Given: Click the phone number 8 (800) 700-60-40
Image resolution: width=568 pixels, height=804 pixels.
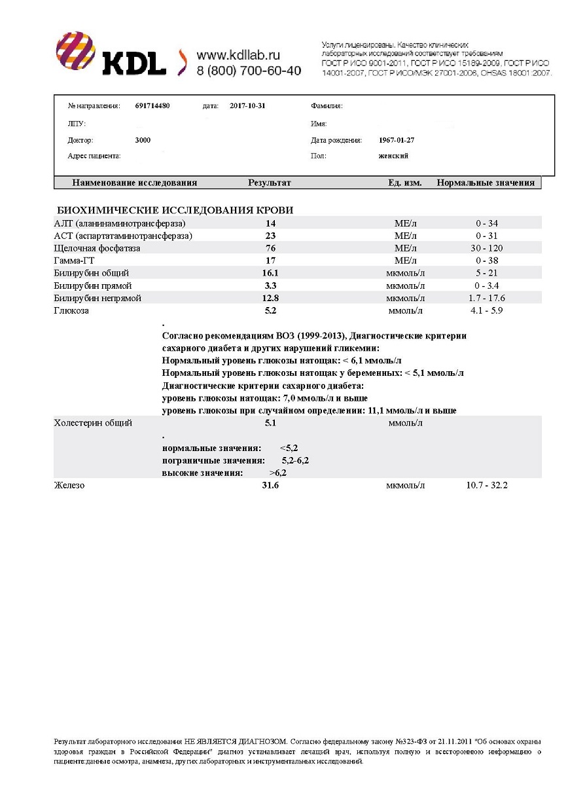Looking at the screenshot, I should tap(249, 71).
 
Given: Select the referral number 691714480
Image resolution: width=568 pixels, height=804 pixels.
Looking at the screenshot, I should tap(152, 105).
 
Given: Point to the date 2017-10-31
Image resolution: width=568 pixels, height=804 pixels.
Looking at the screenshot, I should tap(247, 105).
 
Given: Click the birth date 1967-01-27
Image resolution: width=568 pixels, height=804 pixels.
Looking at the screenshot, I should tap(397, 140).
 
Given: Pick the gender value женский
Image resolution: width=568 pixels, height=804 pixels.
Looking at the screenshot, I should tap(393, 156).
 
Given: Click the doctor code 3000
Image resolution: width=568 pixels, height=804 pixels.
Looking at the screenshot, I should tap(143, 140).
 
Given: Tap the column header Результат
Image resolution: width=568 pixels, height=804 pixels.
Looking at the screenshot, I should tap(270, 183).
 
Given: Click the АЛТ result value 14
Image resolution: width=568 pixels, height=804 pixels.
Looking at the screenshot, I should tap(270, 224).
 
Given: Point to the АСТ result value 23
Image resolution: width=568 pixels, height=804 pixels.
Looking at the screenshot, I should tap(270, 236).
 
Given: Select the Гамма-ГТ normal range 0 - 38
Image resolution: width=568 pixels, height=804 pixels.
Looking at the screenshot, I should tap(487, 261).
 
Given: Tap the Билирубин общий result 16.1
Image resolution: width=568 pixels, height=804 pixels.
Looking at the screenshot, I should tap(270, 274).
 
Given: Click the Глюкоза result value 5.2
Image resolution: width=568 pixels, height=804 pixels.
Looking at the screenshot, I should tap(270, 311).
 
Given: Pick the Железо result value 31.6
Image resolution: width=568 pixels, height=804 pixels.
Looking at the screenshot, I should tap(270, 486).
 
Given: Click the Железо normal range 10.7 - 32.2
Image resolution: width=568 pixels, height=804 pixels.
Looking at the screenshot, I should tap(487, 486).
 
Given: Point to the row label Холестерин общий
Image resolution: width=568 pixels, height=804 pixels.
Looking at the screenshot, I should tap(93, 424).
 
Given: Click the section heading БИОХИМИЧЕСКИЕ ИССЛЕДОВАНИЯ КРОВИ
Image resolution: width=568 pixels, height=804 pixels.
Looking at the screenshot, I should tap(175, 210).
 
